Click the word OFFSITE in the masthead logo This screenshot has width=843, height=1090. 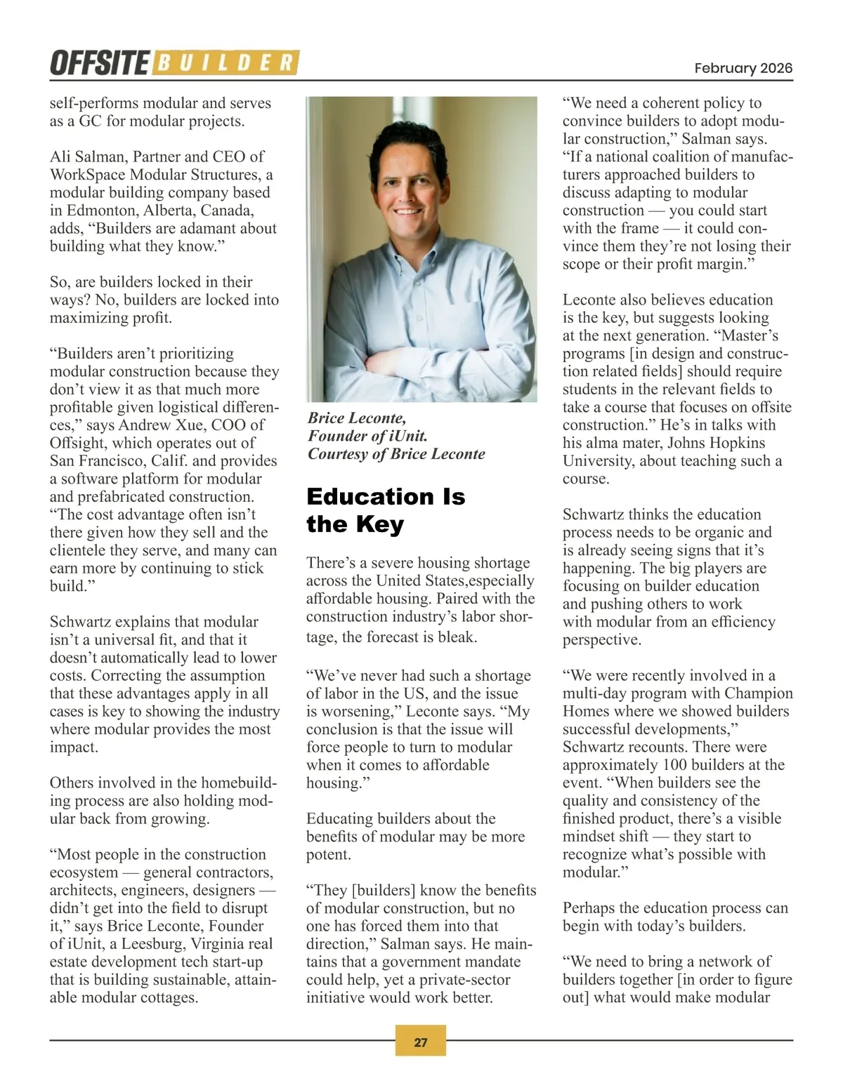click(x=99, y=63)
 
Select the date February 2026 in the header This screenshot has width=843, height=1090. click(x=743, y=68)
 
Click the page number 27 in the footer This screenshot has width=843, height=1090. click(x=421, y=1042)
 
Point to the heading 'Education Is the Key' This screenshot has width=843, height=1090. click(x=386, y=510)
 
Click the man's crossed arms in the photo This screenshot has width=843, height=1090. click(x=421, y=337)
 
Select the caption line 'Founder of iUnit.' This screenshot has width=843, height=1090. click(x=367, y=436)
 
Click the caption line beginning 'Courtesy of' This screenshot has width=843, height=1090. click(x=396, y=454)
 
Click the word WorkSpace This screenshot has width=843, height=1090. click(x=86, y=175)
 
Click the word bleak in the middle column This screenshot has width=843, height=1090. click(x=457, y=637)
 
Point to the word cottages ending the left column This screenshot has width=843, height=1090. click(x=169, y=997)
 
